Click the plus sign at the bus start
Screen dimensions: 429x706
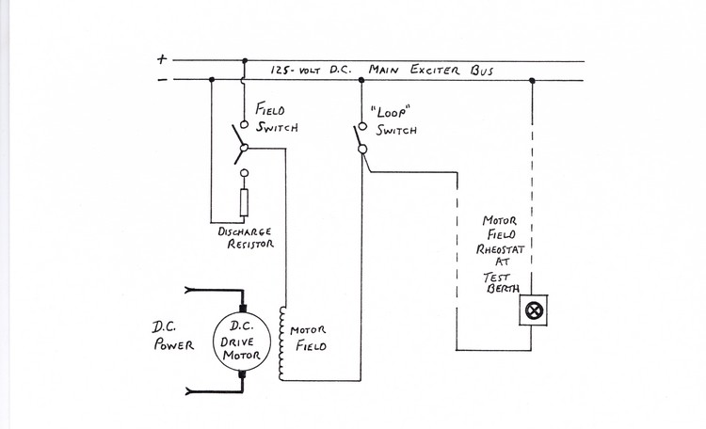pos(161,58)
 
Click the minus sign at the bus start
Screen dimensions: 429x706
pos(161,79)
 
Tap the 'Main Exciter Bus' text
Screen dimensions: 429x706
pos(439,70)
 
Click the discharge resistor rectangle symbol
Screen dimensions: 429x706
pos(242,202)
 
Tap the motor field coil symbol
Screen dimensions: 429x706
pos(281,342)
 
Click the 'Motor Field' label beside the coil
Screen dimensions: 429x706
pos(309,339)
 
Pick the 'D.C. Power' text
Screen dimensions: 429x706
pos(173,336)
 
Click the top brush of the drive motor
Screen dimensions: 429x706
pos(242,309)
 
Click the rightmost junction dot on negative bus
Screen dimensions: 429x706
pos(533,80)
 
